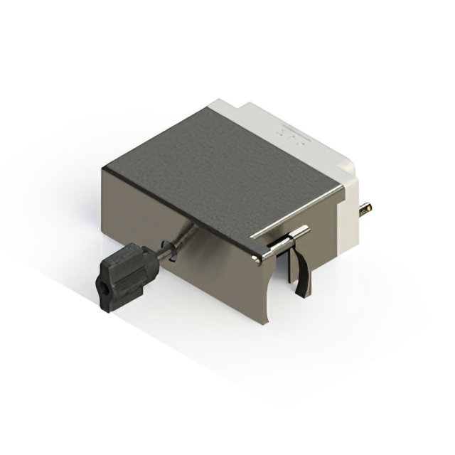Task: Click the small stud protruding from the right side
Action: pyautogui.click(x=365, y=208)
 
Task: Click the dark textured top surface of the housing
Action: pyautogui.click(x=227, y=171)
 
